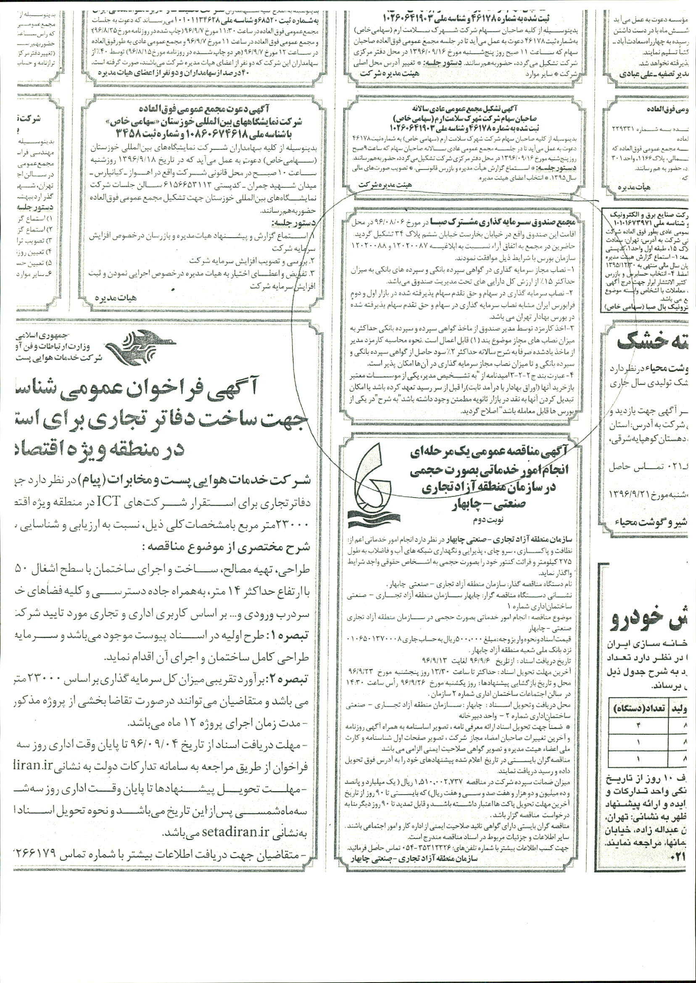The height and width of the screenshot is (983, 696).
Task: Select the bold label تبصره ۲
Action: tap(298, 678)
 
